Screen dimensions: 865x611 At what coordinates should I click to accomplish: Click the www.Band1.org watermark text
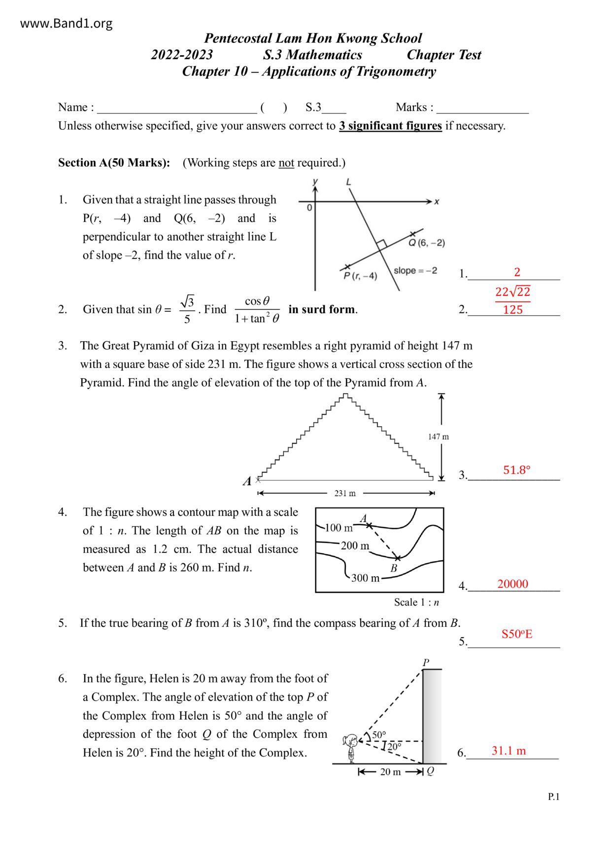point(67,23)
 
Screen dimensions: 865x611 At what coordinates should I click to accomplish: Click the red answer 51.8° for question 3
point(516,470)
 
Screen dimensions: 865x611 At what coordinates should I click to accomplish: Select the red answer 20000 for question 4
point(512,584)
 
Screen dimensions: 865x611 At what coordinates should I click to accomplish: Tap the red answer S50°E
point(517,634)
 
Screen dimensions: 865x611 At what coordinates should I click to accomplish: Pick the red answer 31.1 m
point(509,751)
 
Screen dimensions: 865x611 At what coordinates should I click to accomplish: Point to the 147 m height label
point(438,436)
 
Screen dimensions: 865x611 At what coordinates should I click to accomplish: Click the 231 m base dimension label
point(345,493)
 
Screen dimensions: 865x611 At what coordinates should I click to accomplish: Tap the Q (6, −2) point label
point(427,243)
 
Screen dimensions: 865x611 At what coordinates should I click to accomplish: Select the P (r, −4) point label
point(360,276)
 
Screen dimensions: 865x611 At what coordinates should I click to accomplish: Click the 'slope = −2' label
point(415,271)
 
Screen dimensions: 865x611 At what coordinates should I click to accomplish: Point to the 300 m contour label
point(365,577)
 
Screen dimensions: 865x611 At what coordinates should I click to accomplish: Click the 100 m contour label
point(339,528)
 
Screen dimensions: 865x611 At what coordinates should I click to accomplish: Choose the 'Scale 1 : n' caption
point(416,602)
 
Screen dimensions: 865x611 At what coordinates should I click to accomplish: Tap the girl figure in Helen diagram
point(351,747)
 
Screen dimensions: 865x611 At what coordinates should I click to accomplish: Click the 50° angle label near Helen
point(379,735)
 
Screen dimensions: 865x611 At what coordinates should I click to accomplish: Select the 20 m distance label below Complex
point(390,772)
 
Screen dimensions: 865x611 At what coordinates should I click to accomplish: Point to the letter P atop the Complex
point(426,662)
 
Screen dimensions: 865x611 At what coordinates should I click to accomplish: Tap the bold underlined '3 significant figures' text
point(390,126)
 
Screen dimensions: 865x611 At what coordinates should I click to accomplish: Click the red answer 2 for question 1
point(517,272)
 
